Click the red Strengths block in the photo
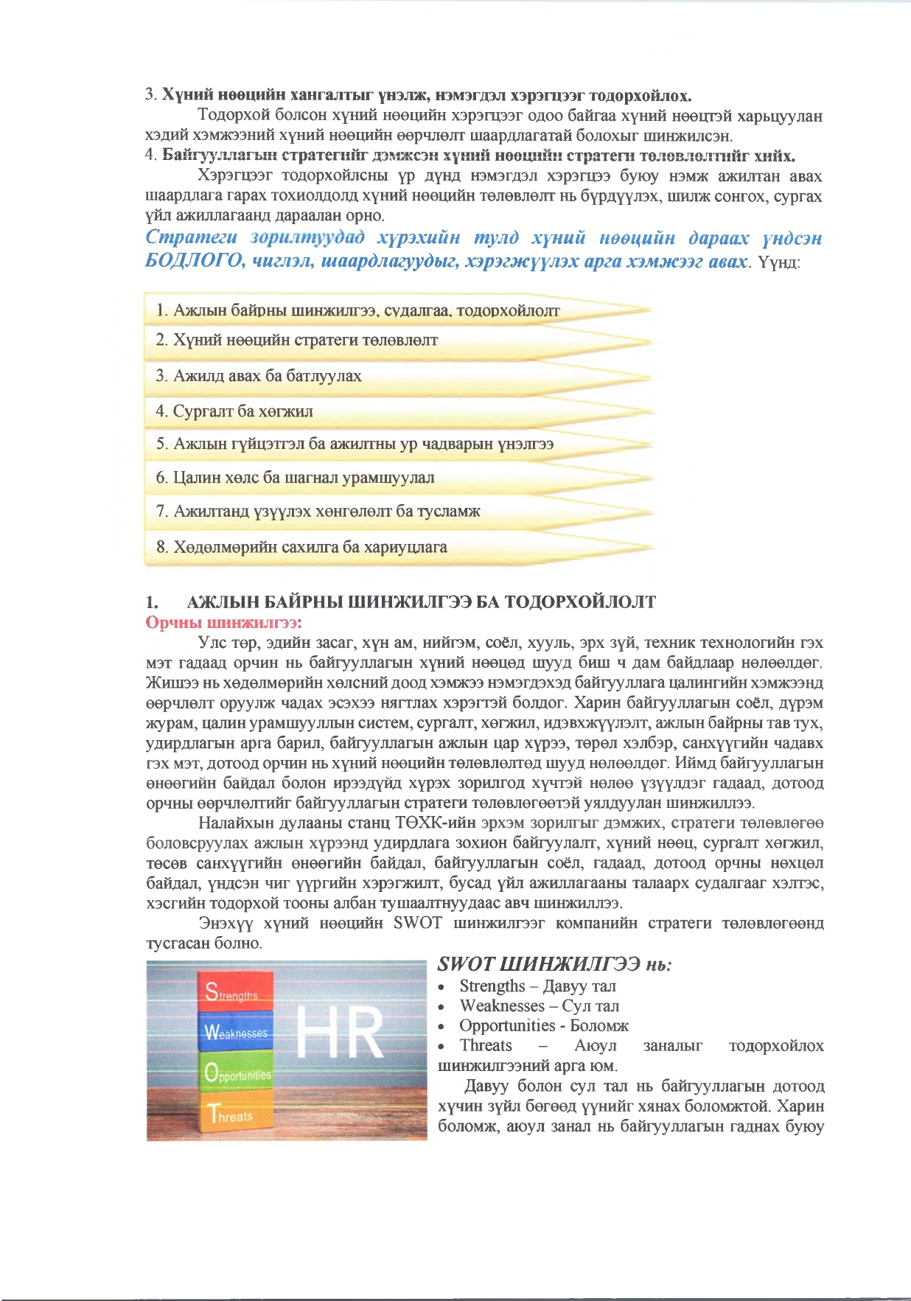click(x=235, y=991)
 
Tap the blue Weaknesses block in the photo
click(x=235, y=1031)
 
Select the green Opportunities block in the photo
click(x=237, y=1072)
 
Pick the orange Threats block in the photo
click(x=237, y=1115)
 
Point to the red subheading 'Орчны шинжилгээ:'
click(x=224, y=622)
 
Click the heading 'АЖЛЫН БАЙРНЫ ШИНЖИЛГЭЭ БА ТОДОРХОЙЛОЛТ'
click(x=421, y=601)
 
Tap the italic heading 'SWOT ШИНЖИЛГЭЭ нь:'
click(x=554, y=964)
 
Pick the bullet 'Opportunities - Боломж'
click(x=543, y=1025)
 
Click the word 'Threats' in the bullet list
click(x=485, y=1045)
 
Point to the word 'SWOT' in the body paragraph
click(x=417, y=923)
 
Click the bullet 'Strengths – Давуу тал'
click(x=537, y=986)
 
